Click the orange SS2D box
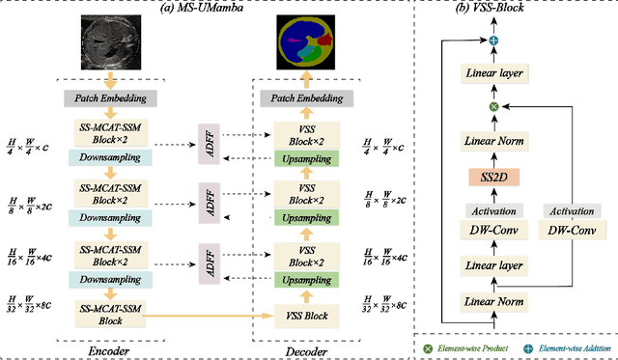click(x=493, y=178)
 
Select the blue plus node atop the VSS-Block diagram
click(x=493, y=39)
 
